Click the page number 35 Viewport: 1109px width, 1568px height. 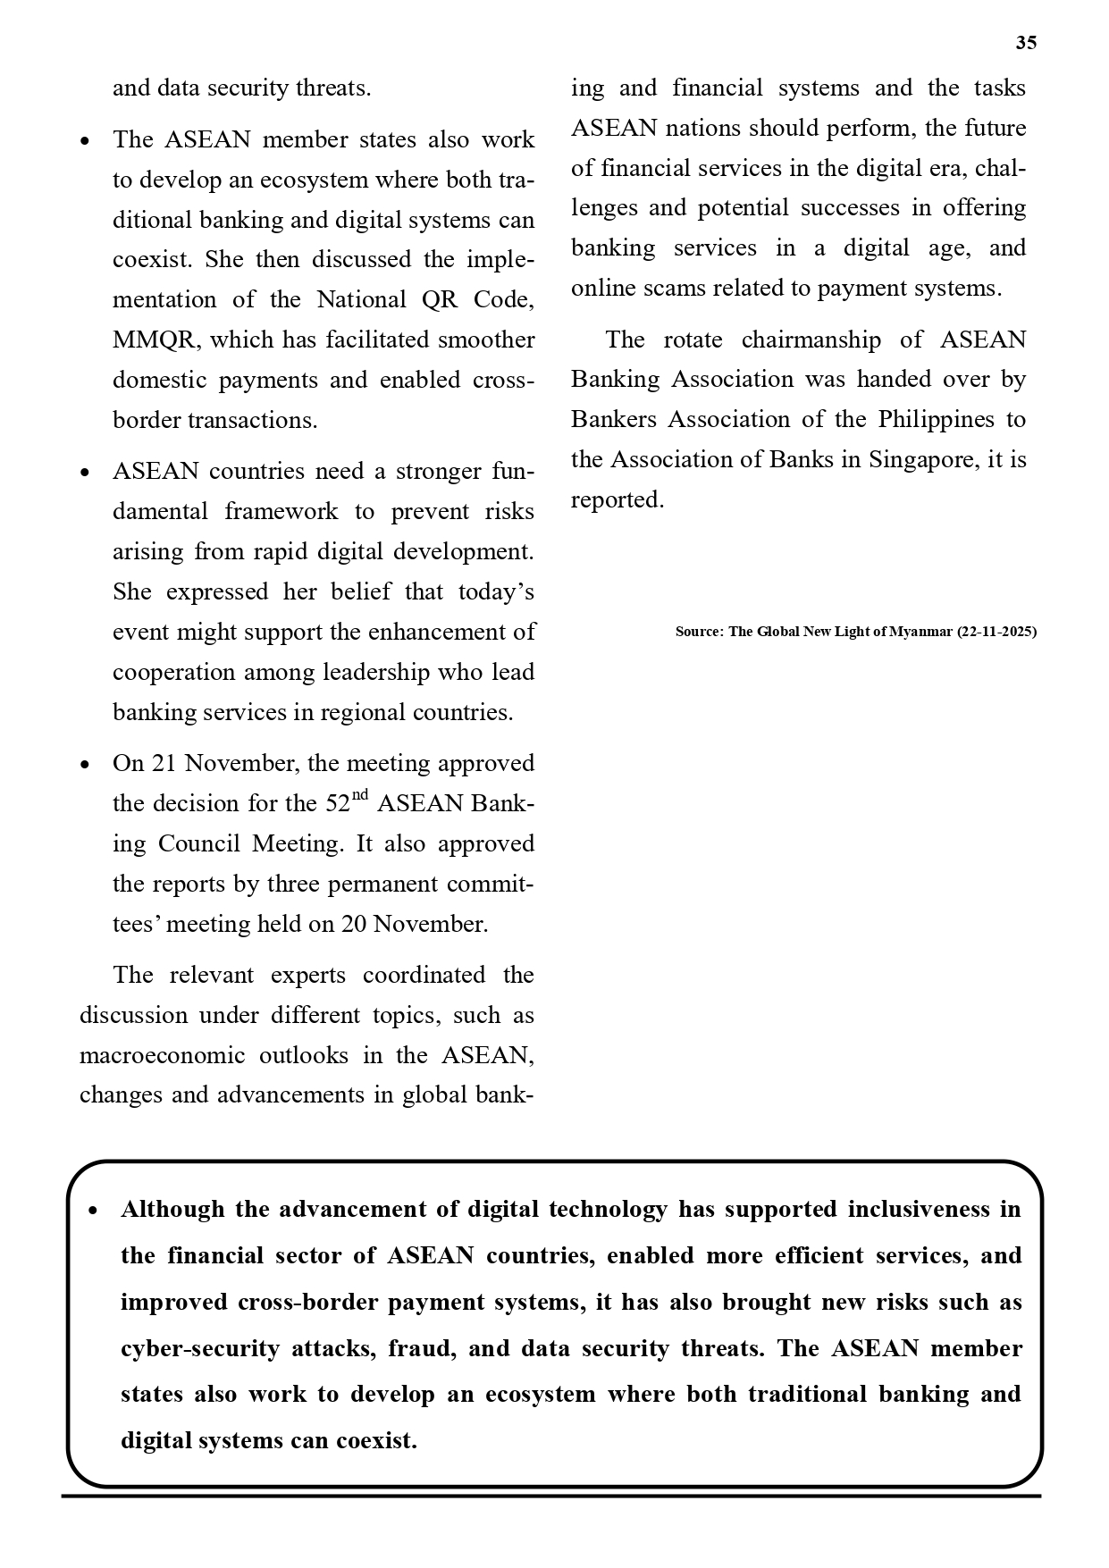click(x=1026, y=43)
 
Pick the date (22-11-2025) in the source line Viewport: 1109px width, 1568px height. click(x=996, y=632)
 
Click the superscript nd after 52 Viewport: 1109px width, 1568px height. click(x=359, y=794)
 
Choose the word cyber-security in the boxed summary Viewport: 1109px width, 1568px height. click(x=200, y=1348)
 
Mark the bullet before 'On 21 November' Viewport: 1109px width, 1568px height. click(x=85, y=765)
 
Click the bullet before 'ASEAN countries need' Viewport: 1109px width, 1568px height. click(x=85, y=473)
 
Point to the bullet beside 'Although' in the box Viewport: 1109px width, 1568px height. click(x=93, y=1211)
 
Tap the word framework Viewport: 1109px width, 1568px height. click(x=281, y=512)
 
